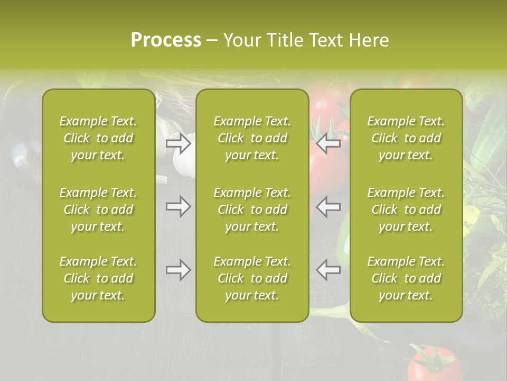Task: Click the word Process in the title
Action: [x=166, y=40]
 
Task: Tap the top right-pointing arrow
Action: [x=178, y=143]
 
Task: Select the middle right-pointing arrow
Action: [x=178, y=206]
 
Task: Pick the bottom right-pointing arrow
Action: [x=178, y=270]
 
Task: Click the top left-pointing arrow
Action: [x=328, y=143]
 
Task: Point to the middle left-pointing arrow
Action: [x=328, y=206]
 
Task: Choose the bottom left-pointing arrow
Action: [x=328, y=270]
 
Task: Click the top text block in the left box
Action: [x=98, y=138]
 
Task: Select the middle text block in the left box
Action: [x=98, y=210]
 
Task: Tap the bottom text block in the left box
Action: [x=98, y=278]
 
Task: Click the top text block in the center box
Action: [x=252, y=138]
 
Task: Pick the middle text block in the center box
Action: [x=252, y=210]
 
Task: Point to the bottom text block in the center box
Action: [x=252, y=278]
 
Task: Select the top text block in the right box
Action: [x=406, y=138]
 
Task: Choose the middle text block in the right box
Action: [x=406, y=210]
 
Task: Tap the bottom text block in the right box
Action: [x=406, y=278]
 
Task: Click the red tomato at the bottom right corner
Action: [x=434, y=365]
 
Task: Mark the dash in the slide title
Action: [x=212, y=41]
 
